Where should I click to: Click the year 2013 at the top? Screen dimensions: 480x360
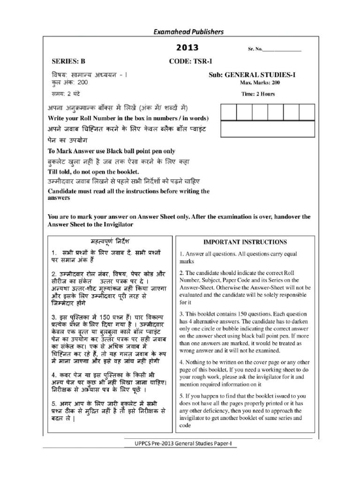187,48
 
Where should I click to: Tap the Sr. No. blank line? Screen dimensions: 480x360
283,49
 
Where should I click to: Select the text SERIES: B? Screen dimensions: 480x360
69,61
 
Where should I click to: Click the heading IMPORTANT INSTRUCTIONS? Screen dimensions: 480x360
244,242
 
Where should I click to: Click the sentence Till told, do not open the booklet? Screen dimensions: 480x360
94,172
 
